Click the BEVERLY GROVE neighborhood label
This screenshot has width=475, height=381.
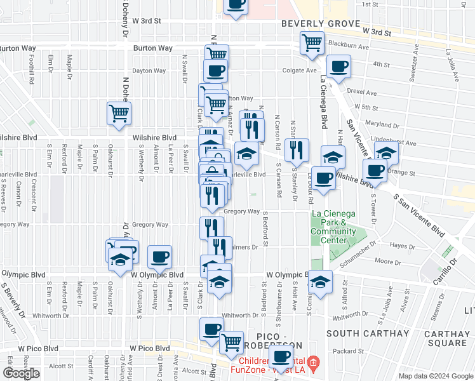tap(314, 23)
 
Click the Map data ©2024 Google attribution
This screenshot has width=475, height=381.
tap(436, 376)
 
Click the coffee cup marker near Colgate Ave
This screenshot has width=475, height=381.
tap(338, 66)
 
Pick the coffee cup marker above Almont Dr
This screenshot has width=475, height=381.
tap(159, 257)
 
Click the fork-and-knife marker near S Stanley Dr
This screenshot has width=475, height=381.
tap(297, 150)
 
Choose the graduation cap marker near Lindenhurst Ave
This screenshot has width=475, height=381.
tap(385, 152)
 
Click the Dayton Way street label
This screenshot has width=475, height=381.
tap(147, 71)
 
